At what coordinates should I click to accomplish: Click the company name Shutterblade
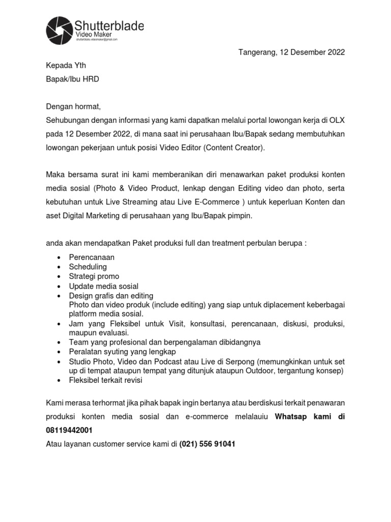109,25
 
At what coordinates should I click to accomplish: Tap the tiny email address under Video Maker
97,39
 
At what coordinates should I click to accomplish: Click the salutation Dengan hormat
74,107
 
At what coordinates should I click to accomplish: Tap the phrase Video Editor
182,148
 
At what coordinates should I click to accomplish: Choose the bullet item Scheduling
88,267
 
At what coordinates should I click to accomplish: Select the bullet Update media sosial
103,286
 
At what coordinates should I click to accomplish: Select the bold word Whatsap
293,417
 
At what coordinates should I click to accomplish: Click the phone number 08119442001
69,431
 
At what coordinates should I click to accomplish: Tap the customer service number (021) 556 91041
207,444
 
